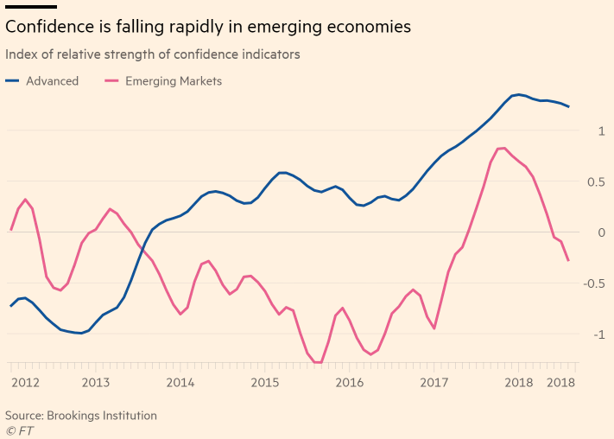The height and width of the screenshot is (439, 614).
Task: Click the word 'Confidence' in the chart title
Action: pyautogui.click(x=50, y=27)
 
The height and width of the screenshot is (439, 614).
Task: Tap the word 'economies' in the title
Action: pyautogui.click(x=369, y=27)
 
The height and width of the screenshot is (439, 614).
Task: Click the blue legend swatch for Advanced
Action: pyautogui.click(x=12, y=80)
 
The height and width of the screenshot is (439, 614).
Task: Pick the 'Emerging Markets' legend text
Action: pyautogui.click(x=174, y=81)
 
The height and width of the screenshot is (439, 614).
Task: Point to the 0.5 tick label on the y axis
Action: pyautogui.click(x=596, y=181)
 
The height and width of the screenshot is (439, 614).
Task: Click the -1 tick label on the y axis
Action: pyautogui.click(x=599, y=334)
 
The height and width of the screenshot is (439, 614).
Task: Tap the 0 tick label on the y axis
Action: pyautogui.click(x=601, y=232)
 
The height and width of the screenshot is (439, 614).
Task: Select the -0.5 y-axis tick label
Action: pyautogui.click(x=594, y=283)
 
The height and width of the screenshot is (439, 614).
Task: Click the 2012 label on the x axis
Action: pyautogui.click(x=25, y=383)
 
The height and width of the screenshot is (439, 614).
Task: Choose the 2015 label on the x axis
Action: pyautogui.click(x=265, y=383)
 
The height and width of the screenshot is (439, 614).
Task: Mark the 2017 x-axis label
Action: pyautogui.click(x=434, y=383)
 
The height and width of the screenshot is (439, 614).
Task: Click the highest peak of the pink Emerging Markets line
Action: pyautogui.click(x=504, y=148)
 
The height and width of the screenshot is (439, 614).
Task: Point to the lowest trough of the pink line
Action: pyautogui.click(x=318, y=363)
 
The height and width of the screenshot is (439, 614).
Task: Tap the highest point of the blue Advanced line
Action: pyautogui.click(x=519, y=94)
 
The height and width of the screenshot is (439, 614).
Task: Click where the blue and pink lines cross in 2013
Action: pyautogui.click(x=143, y=250)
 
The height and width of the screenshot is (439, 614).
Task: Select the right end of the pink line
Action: pyautogui.click(x=568, y=261)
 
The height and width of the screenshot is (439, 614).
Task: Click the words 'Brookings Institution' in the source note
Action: pyautogui.click(x=102, y=416)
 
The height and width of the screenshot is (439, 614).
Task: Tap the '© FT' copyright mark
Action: pyautogui.click(x=20, y=430)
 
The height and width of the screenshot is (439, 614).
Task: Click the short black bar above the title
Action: pyautogui.click(x=31, y=7)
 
